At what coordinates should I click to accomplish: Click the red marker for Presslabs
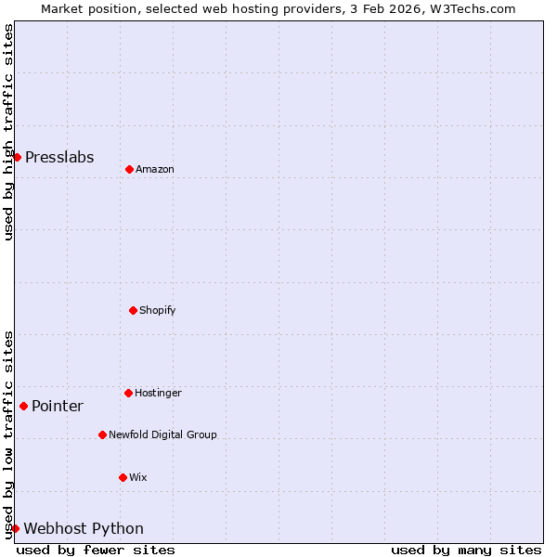[17, 157]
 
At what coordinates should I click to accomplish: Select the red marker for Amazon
[129, 169]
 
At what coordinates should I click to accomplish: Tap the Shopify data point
[133, 310]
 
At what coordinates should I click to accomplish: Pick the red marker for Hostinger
[128, 393]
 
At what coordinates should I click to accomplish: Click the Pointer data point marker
[23, 406]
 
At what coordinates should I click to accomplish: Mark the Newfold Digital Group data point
[102, 434]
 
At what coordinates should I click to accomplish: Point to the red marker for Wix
[123, 477]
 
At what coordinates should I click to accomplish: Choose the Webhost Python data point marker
[15, 528]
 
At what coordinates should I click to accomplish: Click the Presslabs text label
[59, 157]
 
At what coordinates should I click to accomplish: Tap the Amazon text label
[155, 169]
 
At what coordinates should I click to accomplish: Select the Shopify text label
[158, 310]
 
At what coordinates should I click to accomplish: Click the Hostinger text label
[158, 393]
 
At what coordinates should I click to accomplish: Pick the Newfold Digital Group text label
[162, 434]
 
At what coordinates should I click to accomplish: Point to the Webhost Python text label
[84, 528]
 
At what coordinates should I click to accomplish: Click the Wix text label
[137, 477]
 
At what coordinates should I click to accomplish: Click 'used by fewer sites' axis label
[96, 550]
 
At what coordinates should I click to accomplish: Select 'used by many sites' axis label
[466, 550]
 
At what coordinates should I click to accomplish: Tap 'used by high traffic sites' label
[8, 132]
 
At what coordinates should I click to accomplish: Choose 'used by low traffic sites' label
[8, 434]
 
